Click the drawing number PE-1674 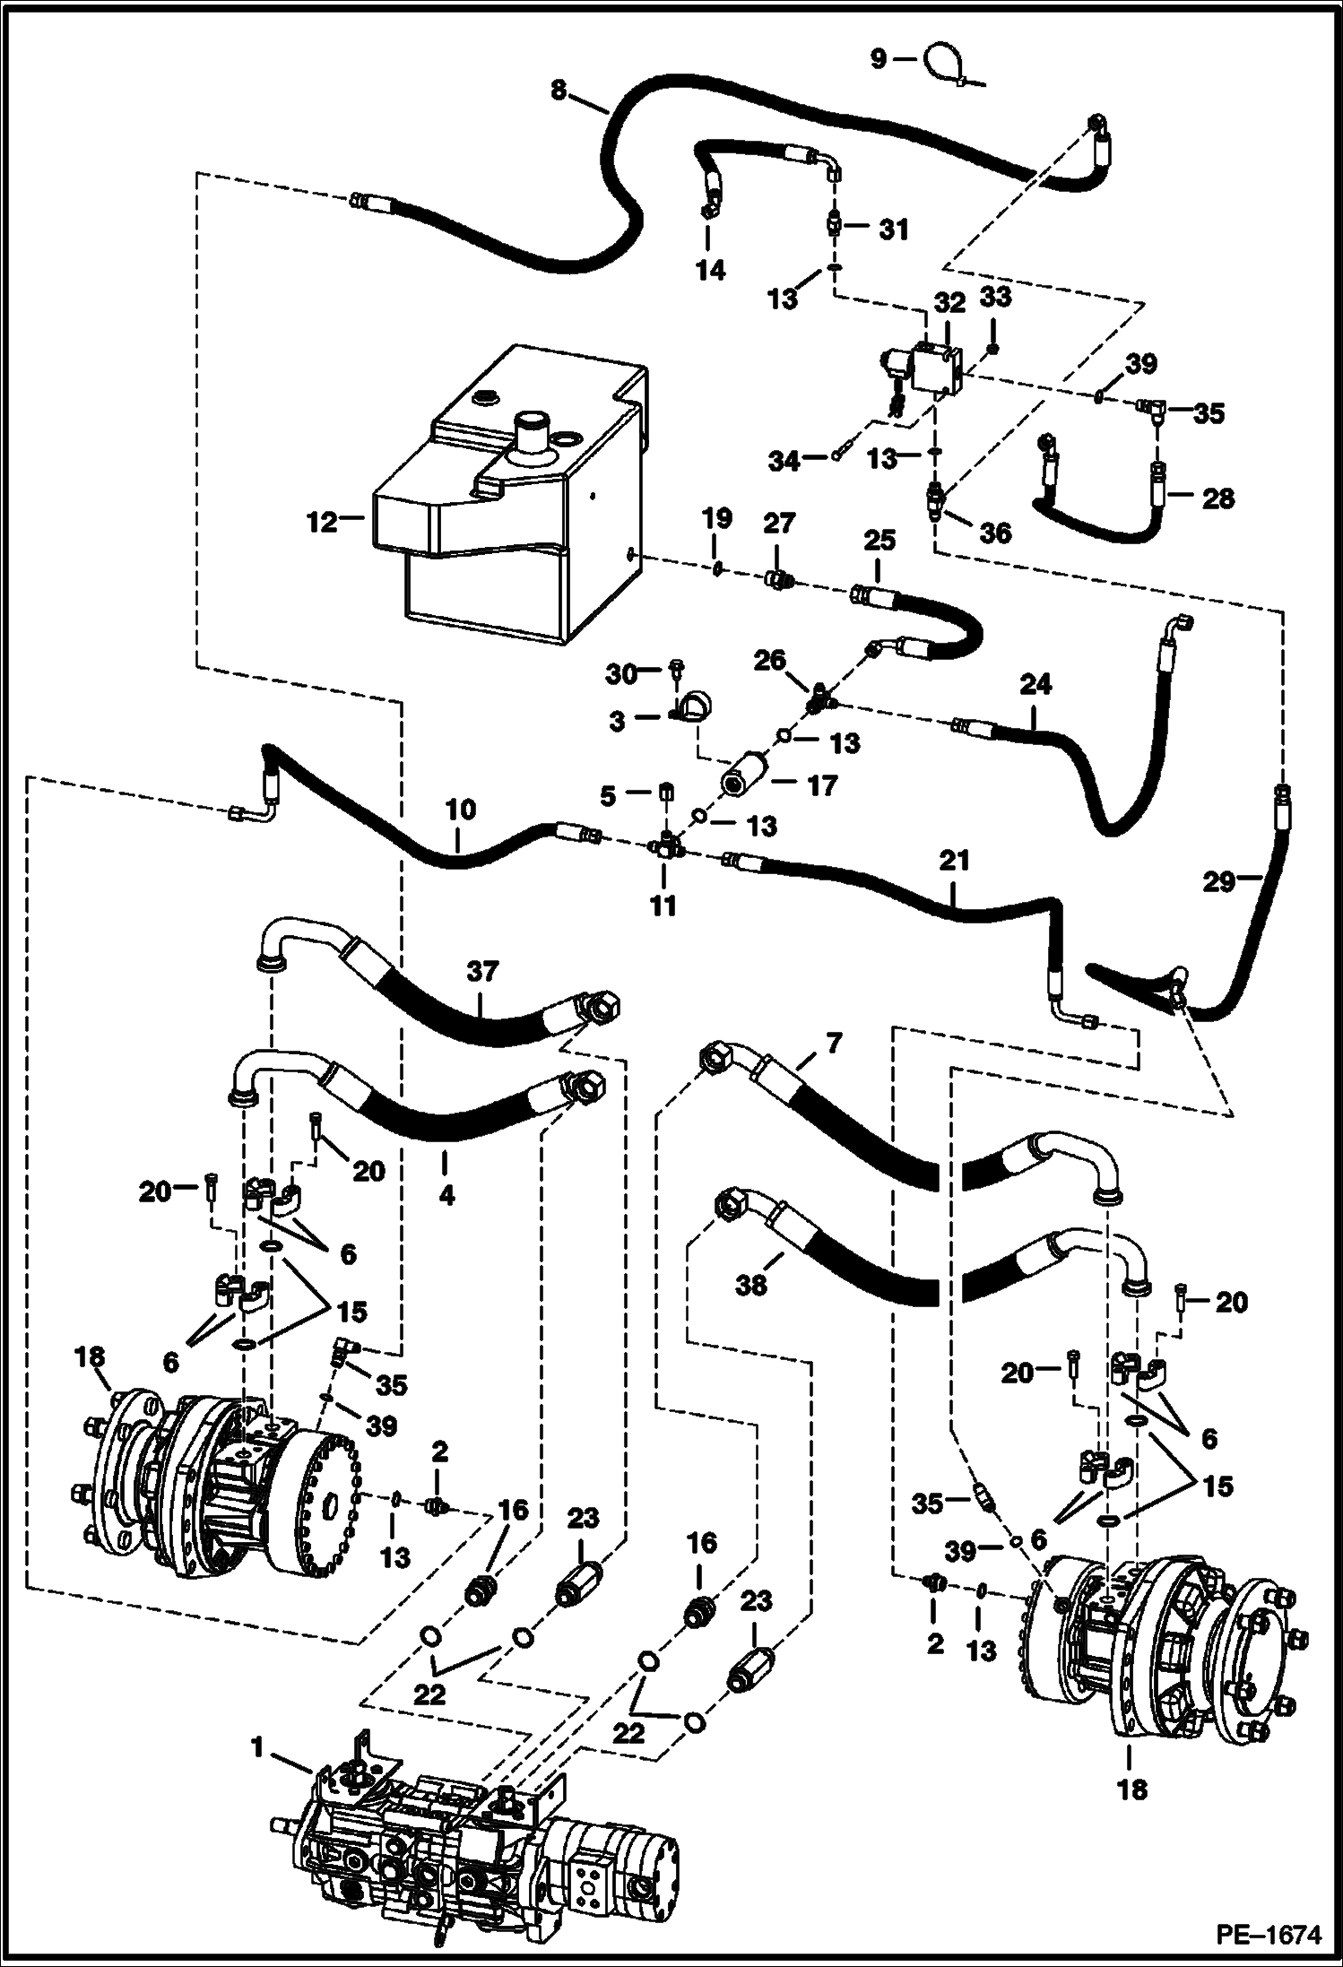click(x=1269, y=1932)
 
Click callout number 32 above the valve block click(x=949, y=303)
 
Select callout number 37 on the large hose click(x=482, y=972)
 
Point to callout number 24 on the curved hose click(x=1035, y=686)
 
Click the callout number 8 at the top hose click(x=559, y=91)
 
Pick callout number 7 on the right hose click(x=834, y=1043)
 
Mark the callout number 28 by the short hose click(x=1217, y=498)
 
